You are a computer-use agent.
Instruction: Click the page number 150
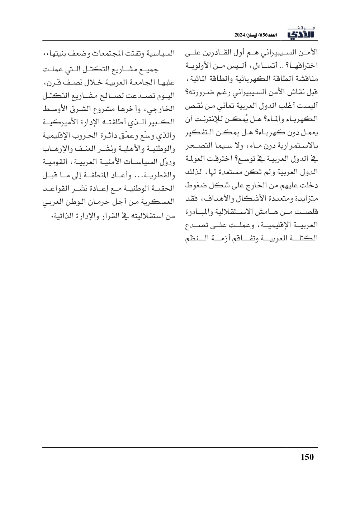point(307,457)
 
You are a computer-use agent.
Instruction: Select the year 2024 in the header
point(240,35)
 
